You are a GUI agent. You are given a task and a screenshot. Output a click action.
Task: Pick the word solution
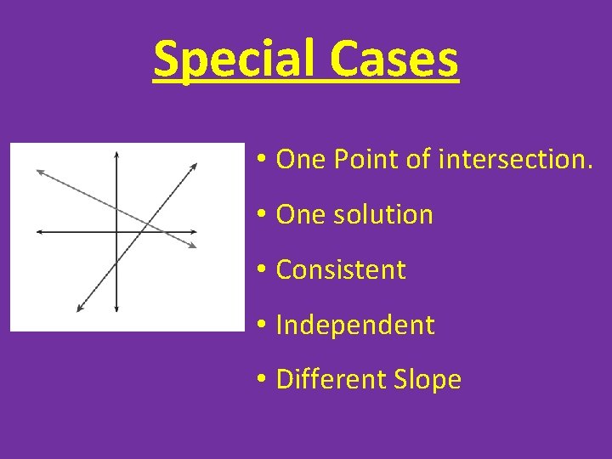pos(382,214)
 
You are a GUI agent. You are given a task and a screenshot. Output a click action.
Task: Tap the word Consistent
pos(341,269)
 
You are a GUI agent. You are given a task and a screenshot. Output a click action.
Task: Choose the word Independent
pos(355,325)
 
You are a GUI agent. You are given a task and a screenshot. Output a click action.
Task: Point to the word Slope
pos(427,380)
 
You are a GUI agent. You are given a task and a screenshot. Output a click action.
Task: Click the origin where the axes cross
pos(116,231)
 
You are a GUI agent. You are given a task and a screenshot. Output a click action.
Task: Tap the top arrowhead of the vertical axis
pos(116,154)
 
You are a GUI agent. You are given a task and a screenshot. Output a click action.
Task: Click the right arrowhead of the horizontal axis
pos(195,231)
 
